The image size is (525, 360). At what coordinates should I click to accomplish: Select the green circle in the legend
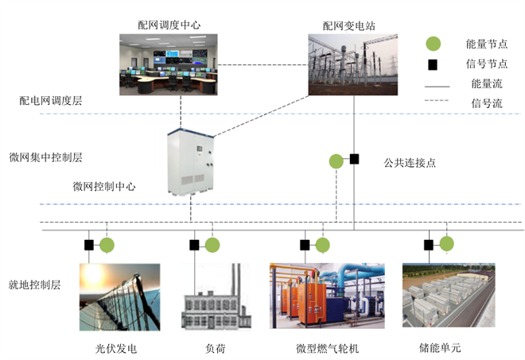click(x=434, y=44)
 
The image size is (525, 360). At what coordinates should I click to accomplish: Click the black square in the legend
click(x=434, y=63)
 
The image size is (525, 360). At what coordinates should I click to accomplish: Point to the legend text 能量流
click(x=486, y=83)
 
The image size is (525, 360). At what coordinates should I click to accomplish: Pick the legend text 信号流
click(x=486, y=103)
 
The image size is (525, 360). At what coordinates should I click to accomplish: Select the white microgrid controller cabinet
click(x=191, y=163)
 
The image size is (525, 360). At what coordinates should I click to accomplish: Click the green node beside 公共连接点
click(x=337, y=161)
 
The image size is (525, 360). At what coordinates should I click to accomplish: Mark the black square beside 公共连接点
click(x=355, y=159)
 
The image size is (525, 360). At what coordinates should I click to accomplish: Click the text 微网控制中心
click(x=104, y=187)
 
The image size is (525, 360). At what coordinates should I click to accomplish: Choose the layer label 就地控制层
click(x=35, y=283)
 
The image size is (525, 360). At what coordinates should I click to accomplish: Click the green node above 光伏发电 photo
click(x=107, y=245)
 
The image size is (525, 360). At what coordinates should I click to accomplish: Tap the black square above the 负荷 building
click(x=194, y=245)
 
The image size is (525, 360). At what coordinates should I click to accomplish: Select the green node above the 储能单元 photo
click(x=446, y=244)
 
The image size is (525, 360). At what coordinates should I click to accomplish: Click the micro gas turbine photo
click(x=325, y=296)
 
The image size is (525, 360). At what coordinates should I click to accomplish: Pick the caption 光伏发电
click(x=116, y=348)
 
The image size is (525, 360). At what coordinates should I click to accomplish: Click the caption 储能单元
click(x=440, y=348)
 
